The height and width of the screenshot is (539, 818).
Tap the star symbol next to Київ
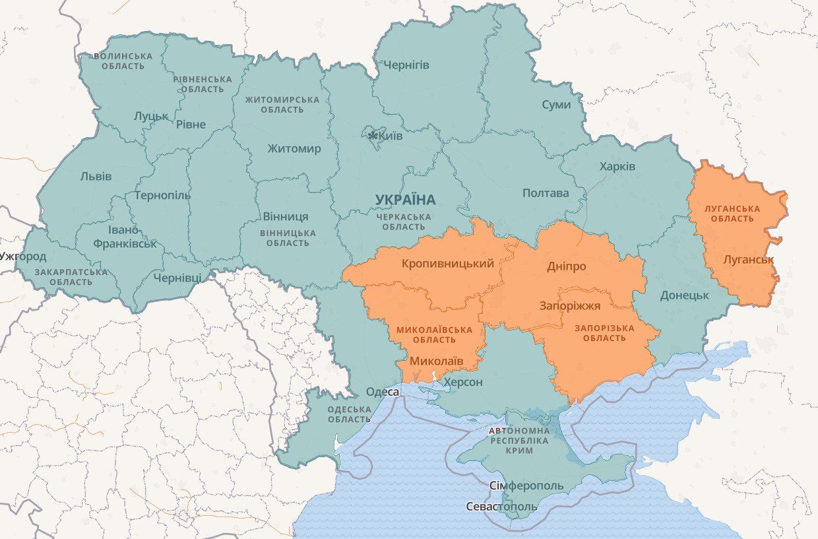pos(373,135)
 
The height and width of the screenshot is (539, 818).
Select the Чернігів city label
pos(406,65)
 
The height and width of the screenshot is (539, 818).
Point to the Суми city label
pos(556,104)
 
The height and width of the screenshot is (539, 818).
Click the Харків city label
pos(617,166)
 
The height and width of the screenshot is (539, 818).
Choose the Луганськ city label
pos(748,259)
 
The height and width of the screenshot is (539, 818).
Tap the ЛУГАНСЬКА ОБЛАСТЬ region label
pos(732,214)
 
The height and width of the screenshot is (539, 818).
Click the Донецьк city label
pos(684,295)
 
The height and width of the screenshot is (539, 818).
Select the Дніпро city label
pos(566,266)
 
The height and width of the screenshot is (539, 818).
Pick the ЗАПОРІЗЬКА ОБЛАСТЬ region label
pos(604,333)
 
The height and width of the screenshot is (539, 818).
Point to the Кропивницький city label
pos(447,264)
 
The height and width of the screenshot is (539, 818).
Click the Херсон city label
pos(463,382)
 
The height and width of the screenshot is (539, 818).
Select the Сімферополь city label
pos(526,486)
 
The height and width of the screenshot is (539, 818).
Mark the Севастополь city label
pos(501,507)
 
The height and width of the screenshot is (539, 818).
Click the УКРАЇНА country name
pos(405,199)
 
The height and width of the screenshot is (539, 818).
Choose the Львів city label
pos(96,176)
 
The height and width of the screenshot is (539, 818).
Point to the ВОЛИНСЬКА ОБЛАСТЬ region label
pos(123,61)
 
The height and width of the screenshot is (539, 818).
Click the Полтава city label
pos(545,193)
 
